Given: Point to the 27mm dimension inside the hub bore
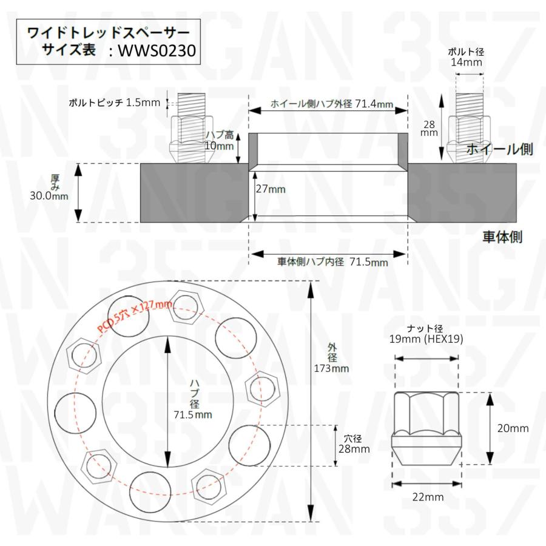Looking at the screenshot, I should pos(271,189).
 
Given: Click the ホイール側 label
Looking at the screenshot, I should pos(500,149).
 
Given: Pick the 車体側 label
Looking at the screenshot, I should pos(502,237).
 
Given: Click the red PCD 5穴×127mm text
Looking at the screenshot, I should pos(135,317).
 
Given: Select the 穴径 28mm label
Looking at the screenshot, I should pos(353,444).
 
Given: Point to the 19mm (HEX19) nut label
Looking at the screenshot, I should pos(426,340).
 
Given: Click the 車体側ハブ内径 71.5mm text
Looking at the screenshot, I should pos(332,262).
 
